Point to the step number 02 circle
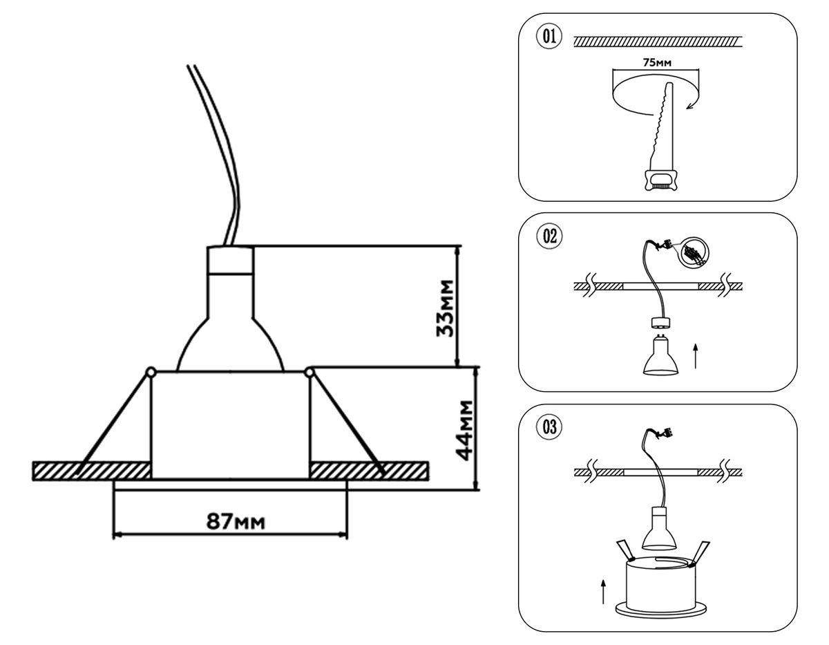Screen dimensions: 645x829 550,236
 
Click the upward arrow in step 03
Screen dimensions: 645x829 604,592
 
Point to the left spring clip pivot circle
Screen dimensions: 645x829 150,373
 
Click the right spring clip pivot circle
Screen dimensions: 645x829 309,373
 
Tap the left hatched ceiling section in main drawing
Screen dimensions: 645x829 90,471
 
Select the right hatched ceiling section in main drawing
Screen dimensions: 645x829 370,471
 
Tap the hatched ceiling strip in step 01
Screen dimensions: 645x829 657,43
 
